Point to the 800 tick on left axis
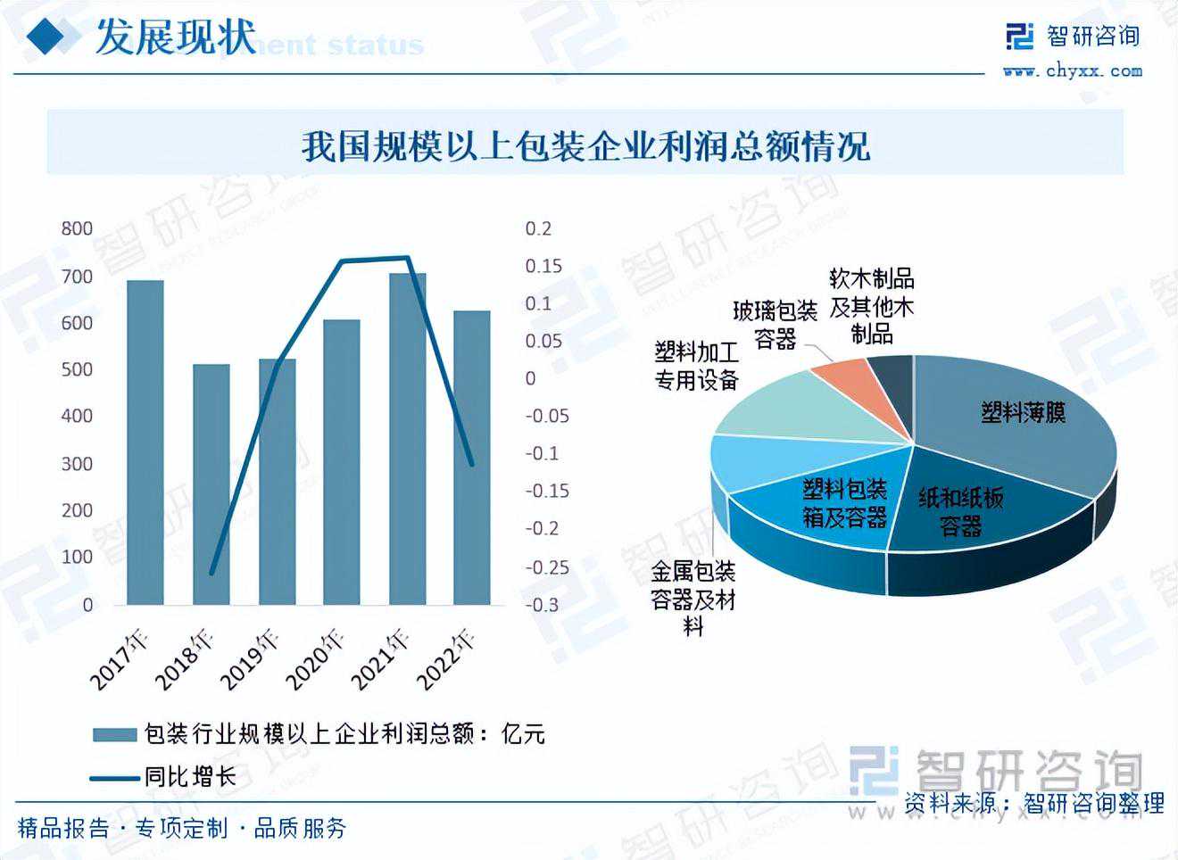[x=77, y=229]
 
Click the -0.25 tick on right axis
[x=546, y=567]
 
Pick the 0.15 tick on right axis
[x=543, y=267]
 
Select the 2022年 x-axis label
[x=447, y=660]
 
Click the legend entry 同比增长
[x=190, y=777]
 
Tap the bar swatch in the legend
[x=113, y=735]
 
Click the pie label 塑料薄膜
[x=1023, y=413]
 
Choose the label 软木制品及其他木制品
[x=871, y=307]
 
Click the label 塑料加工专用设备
[x=696, y=367]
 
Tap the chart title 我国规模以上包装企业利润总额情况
[x=585, y=146]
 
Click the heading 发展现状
[x=175, y=37]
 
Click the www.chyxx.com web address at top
[x=1072, y=71]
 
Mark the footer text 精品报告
[x=63, y=829]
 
